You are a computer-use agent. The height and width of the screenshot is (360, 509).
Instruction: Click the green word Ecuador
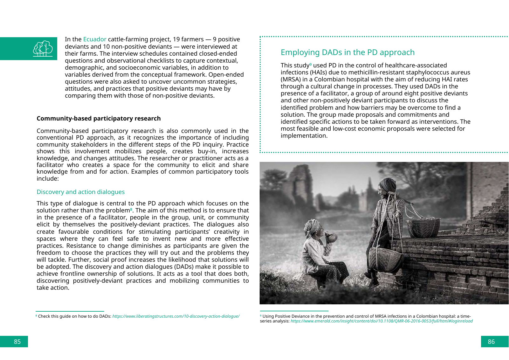tap(94, 39)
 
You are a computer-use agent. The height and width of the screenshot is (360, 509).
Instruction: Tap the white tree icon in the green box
tap(43, 49)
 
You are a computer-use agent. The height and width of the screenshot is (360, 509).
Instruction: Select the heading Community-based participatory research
tap(99, 119)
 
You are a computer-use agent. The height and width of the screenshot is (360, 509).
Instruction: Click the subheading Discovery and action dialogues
tap(80, 192)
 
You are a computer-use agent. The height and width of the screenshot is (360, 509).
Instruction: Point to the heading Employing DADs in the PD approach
tap(347, 52)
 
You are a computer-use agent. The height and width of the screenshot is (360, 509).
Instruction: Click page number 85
tap(17, 342)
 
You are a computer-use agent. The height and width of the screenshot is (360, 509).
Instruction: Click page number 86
tap(491, 342)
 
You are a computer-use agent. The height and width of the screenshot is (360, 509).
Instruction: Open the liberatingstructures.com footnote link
tap(176, 316)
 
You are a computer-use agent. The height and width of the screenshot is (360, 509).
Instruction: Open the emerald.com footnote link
tap(382, 321)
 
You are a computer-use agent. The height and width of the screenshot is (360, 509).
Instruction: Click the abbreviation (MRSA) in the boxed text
tap(291, 80)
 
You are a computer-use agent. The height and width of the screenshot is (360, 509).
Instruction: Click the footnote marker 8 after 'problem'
tap(131, 209)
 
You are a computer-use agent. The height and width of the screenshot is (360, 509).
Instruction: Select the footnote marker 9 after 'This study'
tap(311, 64)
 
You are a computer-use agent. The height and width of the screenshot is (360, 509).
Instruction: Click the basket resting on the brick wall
tap(424, 227)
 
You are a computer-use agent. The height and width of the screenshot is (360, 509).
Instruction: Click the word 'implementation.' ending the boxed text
tap(304, 136)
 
